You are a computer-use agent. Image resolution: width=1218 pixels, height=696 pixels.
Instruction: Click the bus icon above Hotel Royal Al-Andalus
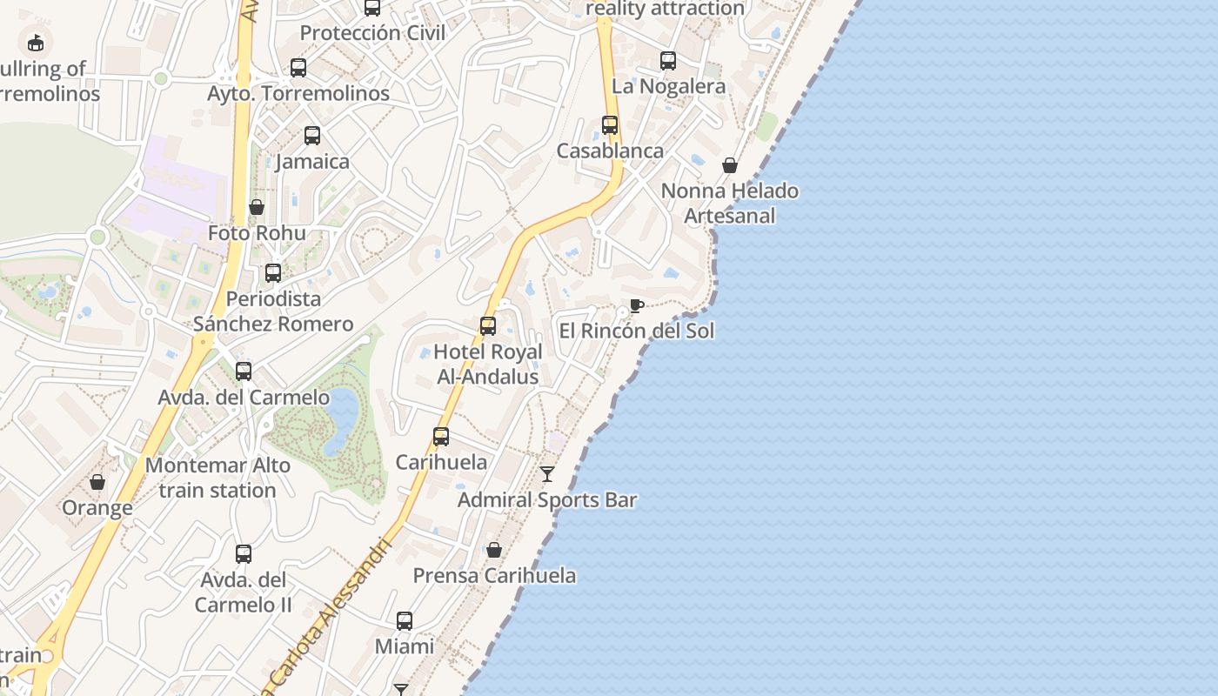tap(488, 326)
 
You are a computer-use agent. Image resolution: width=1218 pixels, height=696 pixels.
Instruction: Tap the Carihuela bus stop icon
tap(441, 437)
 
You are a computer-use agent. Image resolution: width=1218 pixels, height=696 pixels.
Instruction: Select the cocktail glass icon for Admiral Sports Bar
tap(547, 474)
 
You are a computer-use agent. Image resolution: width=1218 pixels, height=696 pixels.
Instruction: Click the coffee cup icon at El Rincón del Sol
tap(637, 305)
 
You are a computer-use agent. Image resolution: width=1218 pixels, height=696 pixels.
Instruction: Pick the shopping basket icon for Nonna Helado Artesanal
tap(730, 165)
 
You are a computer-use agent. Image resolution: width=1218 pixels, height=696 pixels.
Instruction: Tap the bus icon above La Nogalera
tap(668, 61)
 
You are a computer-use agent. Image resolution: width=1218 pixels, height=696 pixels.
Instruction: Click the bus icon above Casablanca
tap(610, 125)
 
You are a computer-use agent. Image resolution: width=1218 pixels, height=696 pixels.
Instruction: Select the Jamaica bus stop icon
tap(312, 136)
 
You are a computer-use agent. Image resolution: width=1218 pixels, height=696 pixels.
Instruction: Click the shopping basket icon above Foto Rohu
tap(257, 207)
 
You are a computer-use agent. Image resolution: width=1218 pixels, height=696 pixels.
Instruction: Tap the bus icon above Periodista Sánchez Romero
tap(273, 273)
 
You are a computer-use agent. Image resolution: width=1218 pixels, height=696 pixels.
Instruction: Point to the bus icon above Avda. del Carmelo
tap(244, 371)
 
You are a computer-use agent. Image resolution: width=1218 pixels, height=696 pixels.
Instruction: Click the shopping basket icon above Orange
tap(97, 482)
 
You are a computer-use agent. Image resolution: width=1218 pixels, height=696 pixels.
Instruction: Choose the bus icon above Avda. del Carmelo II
tap(244, 554)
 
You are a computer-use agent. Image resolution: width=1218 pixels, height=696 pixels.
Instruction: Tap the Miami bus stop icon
tap(405, 621)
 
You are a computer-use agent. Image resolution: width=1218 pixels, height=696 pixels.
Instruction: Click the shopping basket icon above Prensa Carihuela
tap(494, 550)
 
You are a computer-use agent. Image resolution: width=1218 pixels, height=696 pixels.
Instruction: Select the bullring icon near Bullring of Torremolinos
tap(36, 42)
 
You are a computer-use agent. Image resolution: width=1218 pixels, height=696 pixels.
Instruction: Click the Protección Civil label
tap(372, 33)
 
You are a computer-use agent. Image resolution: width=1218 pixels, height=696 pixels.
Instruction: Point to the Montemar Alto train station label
tap(217, 478)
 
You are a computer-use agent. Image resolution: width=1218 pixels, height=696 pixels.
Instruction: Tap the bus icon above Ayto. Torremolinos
tap(298, 68)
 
